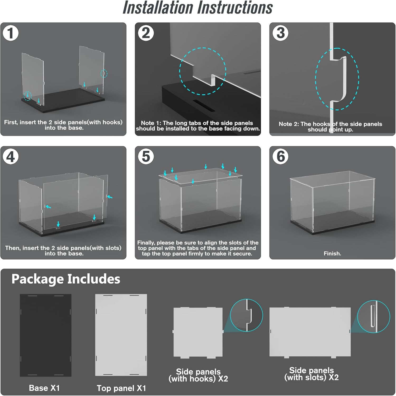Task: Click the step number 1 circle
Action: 11,33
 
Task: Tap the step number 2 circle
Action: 146,33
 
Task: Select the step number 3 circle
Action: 280,33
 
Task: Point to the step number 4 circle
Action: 11,157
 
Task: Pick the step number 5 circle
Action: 146,157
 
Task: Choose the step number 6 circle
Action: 280,157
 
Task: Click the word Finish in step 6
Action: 332,254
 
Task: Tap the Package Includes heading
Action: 66,279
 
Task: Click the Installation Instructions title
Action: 198,8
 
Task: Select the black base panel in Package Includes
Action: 46,335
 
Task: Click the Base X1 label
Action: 44,388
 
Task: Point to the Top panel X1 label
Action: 121,388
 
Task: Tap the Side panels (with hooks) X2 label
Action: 198,375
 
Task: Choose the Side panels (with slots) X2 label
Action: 312,374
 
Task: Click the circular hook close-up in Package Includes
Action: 247,315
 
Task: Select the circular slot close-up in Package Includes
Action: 373,316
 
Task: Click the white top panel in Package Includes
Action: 121,335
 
